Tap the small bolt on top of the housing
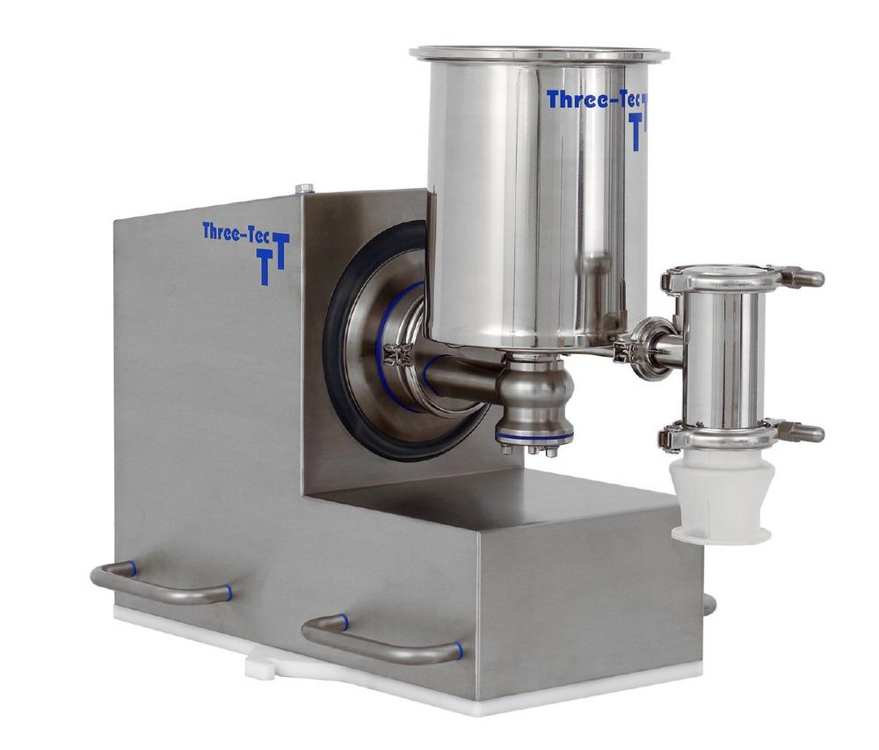tap(303, 188)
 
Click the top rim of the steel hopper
tap(540, 54)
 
